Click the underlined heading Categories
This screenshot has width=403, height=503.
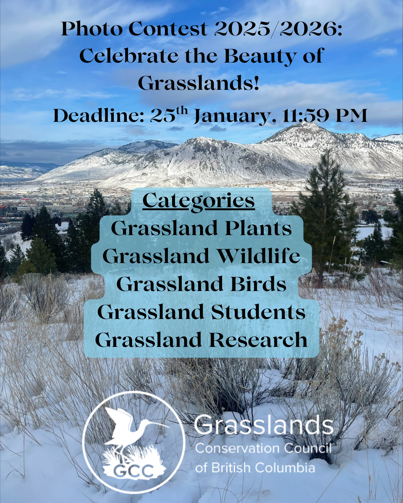[x=199, y=201]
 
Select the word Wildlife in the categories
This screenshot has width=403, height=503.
[x=258, y=256]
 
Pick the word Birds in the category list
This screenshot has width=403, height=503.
[x=258, y=284]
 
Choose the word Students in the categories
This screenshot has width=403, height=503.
[x=258, y=312]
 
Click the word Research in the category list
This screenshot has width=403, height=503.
[x=258, y=340]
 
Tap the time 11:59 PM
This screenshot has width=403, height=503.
[x=325, y=116]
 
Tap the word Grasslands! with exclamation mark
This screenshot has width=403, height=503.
[x=199, y=83]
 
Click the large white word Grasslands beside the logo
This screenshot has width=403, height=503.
[x=263, y=426]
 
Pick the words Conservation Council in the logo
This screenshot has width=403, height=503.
[x=263, y=448]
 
